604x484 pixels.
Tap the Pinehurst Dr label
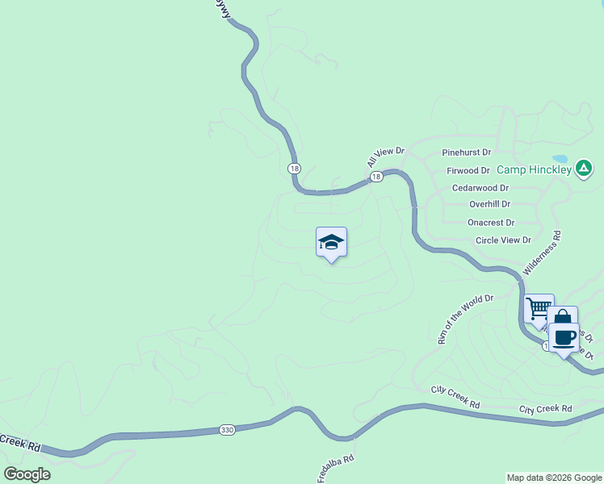tap(466, 152)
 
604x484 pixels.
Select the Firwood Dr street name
tap(468, 171)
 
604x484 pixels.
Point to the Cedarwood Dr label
tap(480, 188)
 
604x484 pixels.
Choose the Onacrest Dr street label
tap(491, 223)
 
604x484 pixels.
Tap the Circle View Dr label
tap(503, 240)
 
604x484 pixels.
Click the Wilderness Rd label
tap(542, 252)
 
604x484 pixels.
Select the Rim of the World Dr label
tap(465, 319)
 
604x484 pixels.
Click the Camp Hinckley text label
tap(534, 169)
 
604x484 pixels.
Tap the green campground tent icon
tap(585, 169)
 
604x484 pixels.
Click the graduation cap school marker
tap(331, 241)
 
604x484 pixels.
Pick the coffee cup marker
tap(564, 337)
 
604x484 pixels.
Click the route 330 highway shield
tap(227, 431)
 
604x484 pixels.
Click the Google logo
tap(27, 474)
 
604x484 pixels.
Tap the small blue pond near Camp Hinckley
tap(559, 159)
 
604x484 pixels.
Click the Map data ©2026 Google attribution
tap(555, 478)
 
